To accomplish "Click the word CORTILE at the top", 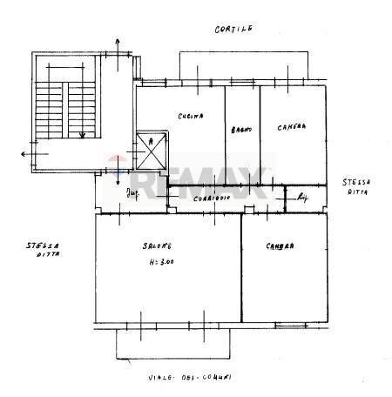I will (233, 29).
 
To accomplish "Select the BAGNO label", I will (242, 130).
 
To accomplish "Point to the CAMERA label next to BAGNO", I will (291, 126).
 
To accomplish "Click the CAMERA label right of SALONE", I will (280, 246).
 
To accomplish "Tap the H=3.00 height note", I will (159, 261).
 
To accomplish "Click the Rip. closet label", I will (302, 198).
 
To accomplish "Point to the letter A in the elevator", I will (151, 140).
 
